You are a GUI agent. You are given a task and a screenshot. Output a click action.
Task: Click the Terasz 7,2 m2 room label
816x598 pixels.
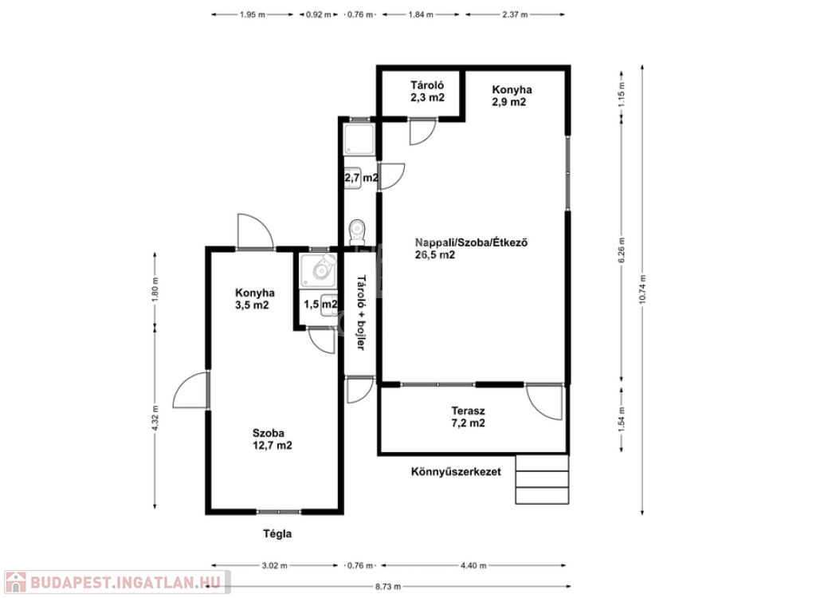[x=469, y=417]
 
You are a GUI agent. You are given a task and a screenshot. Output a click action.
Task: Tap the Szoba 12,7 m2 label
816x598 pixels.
[x=273, y=439]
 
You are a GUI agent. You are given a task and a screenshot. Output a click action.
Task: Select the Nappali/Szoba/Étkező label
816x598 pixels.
[x=472, y=242]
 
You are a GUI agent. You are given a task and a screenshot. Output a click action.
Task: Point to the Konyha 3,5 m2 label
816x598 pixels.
[x=254, y=299]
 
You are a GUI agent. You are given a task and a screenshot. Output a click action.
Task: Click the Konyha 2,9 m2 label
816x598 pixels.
[x=512, y=96]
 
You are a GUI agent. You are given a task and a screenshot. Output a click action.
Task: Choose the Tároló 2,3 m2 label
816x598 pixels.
[x=427, y=91]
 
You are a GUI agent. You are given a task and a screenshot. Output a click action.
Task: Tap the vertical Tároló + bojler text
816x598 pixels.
[x=359, y=313]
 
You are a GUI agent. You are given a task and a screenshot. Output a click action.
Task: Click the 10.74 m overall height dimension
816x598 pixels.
[x=642, y=289]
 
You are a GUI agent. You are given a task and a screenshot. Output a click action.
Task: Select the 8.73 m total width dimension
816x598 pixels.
[x=388, y=587]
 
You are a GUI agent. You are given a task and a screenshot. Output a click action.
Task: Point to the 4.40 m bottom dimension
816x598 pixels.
[x=473, y=565]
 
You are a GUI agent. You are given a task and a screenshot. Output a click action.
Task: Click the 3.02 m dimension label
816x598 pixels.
[x=274, y=565]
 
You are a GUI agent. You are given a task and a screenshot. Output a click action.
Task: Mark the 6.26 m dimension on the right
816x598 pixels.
[x=622, y=251]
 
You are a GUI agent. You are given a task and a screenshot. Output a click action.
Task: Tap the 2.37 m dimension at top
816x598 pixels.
[x=516, y=14]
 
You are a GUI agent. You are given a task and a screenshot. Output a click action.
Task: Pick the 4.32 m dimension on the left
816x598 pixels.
[x=155, y=419]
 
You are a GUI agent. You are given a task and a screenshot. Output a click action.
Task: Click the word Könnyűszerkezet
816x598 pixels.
[x=456, y=472]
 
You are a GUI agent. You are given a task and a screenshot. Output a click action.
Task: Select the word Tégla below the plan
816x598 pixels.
[x=277, y=534]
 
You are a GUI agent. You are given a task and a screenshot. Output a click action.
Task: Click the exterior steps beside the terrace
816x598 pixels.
[x=542, y=479]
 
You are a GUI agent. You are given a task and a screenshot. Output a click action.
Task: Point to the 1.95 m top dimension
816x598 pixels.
[x=253, y=14]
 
